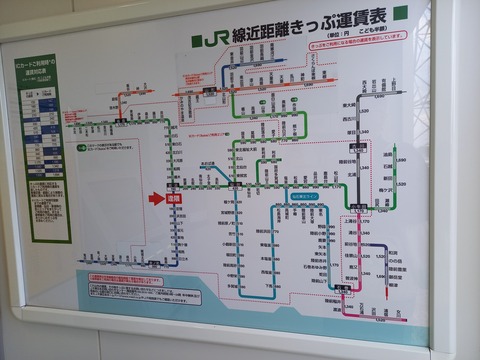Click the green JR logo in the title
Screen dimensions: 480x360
click(212, 41)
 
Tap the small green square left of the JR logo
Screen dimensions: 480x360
click(193, 43)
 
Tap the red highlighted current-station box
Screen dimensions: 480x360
click(174, 198)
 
